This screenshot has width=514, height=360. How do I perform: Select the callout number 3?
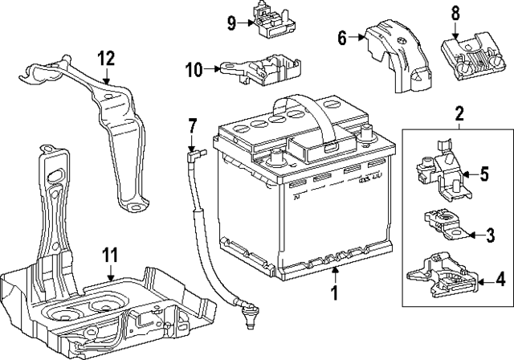[490, 235]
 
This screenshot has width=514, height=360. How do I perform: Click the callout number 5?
[484, 173]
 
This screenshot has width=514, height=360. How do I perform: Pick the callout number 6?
[341, 36]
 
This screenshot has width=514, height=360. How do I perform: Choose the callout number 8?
[455, 12]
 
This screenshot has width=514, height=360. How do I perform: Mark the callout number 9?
[231, 23]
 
